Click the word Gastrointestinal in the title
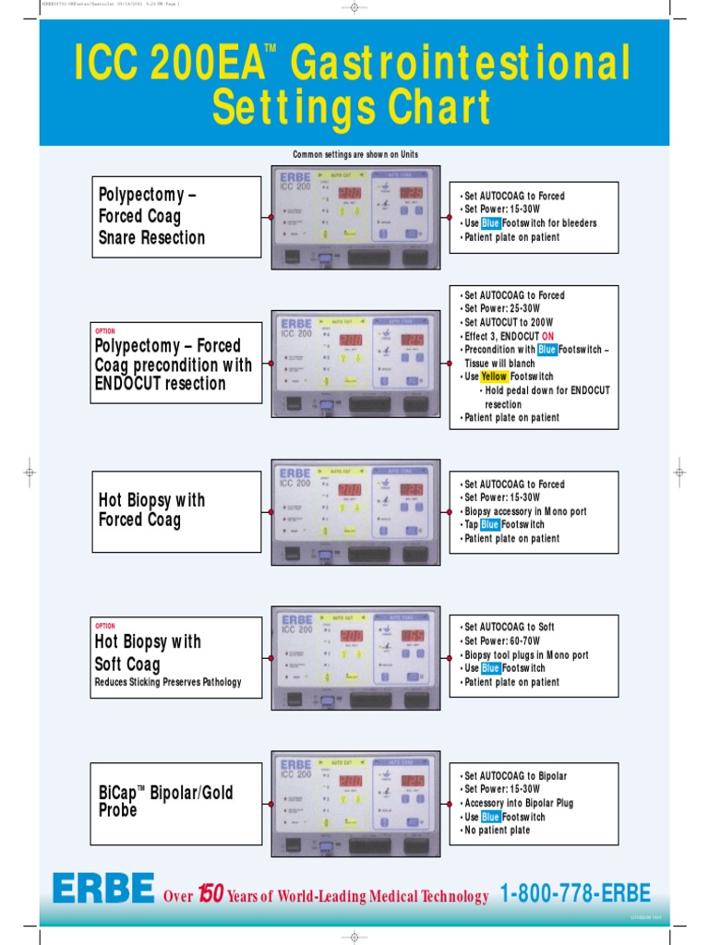[x=460, y=66]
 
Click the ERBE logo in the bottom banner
[x=103, y=890]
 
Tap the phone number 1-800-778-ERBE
[x=575, y=893]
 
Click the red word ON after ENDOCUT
[x=548, y=337]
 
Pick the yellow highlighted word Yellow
[x=494, y=377]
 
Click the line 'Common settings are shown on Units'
[x=355, y=154]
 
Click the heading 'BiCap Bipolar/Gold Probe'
[x=166, y=801]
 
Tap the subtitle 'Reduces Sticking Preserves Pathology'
[x=168, y=683]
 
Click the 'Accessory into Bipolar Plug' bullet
[x=519, y=803]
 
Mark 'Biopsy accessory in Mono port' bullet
[x=525, y=511]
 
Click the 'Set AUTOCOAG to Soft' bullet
[x=510, y=628]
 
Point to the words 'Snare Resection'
[x=151, y=238]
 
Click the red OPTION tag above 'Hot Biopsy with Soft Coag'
[x=105, y=626]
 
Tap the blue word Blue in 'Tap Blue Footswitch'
[x=490, y=525]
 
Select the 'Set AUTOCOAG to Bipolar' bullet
[x=515, y=776]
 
